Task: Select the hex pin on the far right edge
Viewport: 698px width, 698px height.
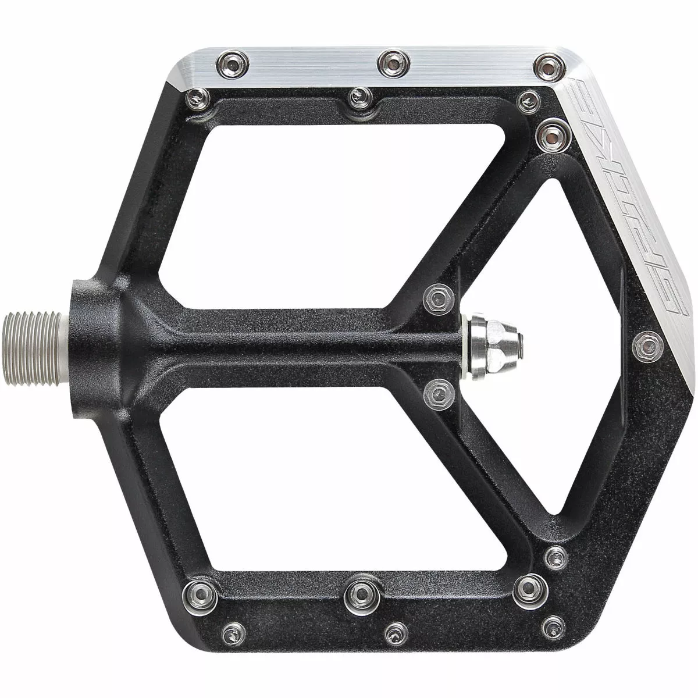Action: (x=647, y=347)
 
